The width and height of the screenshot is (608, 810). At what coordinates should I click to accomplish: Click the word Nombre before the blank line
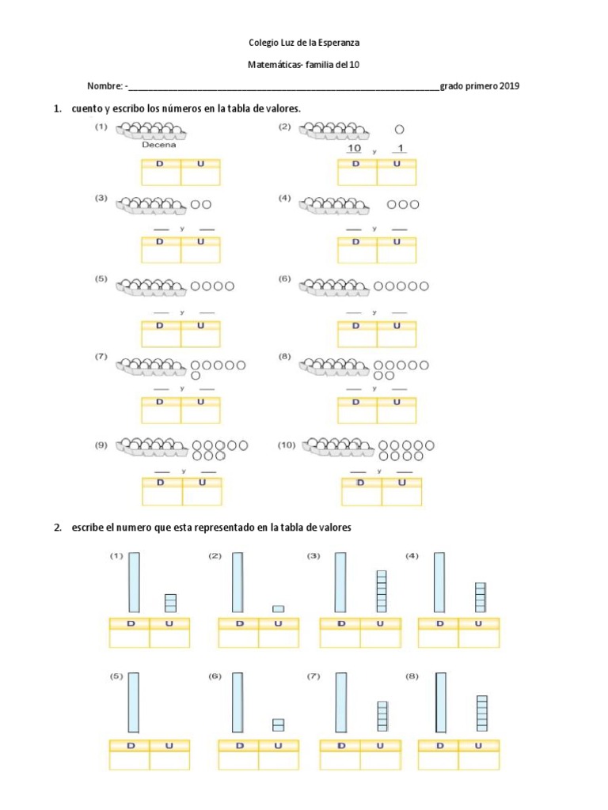click(104, 86)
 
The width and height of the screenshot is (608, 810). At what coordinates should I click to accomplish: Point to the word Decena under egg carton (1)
click(159, 145)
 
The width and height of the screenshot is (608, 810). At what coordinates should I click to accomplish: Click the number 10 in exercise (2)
click(354, 149)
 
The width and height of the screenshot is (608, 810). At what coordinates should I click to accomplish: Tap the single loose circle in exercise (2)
click(399, 129)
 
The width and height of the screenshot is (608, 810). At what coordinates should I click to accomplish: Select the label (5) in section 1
click(101, 279)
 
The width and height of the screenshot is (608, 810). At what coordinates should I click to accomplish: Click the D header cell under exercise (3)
click(160, 242)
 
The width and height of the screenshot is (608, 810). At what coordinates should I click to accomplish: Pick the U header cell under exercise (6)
click(396, 325)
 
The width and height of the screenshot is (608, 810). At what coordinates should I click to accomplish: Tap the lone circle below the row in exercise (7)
click(196, 376)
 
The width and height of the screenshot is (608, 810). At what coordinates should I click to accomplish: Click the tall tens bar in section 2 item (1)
click(134, 582)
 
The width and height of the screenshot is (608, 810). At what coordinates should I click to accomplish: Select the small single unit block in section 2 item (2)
click(278, 608)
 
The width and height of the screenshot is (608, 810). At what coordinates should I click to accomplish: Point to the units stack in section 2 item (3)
click(381, 591)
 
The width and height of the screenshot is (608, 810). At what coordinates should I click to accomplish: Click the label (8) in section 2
click(412, 677)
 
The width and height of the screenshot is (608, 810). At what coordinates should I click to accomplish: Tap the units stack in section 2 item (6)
click(278, 725)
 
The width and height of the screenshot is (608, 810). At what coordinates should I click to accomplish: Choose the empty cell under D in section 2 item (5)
click(128, 760)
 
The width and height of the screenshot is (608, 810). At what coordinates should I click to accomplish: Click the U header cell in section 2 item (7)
click(380, 746)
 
